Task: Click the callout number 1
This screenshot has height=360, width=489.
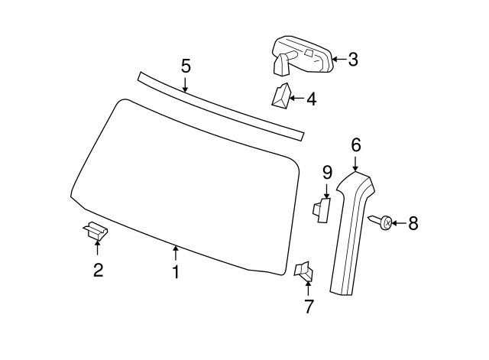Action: point(176,272)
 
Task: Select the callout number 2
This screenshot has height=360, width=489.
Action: point(99,270)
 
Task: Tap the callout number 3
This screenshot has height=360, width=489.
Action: point(353,60)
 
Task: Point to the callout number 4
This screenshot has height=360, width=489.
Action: point(312,99)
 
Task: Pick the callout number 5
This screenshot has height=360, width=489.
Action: point(186,66)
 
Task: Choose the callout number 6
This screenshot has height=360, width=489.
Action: point(356,145)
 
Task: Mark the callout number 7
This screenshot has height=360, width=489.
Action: point(308,306)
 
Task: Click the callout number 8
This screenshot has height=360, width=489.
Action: point(413,223)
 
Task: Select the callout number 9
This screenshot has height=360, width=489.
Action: point(327,173)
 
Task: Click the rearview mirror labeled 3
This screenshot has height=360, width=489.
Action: point(303,56)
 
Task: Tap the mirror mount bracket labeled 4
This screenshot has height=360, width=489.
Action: point(282,96)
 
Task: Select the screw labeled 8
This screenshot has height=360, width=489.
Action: point(381,222)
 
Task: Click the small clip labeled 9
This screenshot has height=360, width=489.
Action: point(322,210)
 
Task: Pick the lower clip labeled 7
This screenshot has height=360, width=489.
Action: point(303,271)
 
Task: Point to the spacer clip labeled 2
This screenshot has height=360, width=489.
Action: point(96,231)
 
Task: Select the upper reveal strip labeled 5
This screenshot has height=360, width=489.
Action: point(221,106)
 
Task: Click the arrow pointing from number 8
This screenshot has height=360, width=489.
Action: point(400,223)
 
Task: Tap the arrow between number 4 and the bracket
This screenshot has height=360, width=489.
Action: point(296,99)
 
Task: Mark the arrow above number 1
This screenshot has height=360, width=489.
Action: point(176,253)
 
